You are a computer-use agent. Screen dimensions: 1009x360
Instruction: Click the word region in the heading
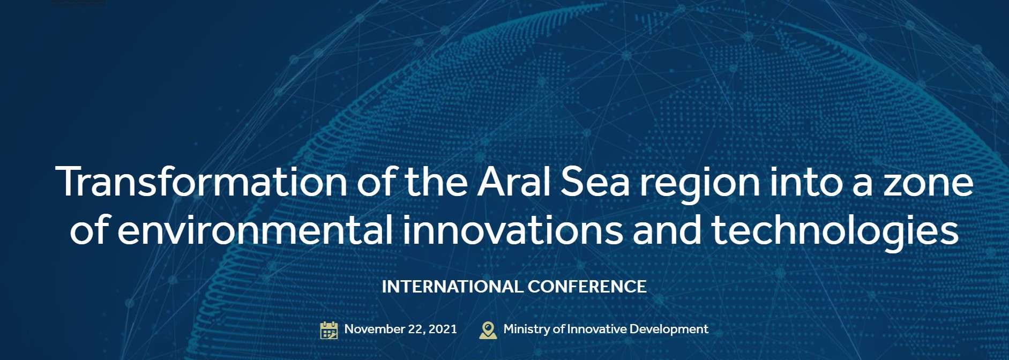[700, 185]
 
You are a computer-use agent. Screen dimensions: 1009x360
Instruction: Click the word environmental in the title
[255, 229]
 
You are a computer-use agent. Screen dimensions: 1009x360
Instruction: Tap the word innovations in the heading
[513, 229]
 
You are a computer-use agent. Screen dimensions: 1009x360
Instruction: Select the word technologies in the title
[835, 232]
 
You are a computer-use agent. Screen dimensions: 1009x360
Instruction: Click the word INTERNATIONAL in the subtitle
[452, 287]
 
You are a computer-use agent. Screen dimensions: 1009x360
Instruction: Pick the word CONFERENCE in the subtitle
[587, 287]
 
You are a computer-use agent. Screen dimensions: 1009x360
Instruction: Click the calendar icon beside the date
[329, 330]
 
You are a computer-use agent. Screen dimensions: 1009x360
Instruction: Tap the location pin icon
[488, 330]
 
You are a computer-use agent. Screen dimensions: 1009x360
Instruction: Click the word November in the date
[375, 329]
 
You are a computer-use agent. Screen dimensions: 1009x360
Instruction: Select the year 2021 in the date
[443, 329]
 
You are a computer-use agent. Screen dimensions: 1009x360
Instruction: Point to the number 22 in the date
[416, 329]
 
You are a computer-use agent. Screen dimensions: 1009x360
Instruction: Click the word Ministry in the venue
[527, 329]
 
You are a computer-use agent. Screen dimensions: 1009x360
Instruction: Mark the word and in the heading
[667, 229]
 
